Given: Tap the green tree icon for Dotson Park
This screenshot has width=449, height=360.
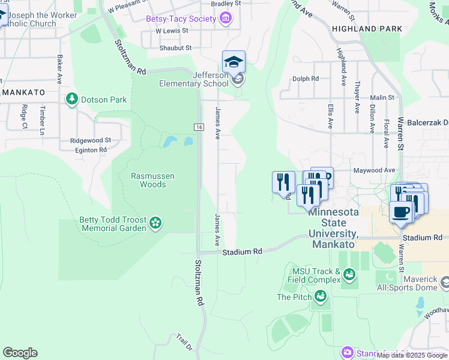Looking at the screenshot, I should pos(72,98).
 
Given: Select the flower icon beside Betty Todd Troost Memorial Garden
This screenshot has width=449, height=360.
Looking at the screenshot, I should pos(155,223).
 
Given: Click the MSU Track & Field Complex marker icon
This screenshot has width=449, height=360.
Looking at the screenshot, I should pos(349,275).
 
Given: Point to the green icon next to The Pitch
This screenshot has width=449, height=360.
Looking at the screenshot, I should pos(321,296).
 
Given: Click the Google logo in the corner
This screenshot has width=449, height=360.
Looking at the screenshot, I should pos(20,353).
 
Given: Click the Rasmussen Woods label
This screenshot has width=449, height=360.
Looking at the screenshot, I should pos(153,180).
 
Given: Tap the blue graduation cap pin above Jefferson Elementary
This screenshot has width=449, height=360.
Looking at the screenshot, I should pos(234,61).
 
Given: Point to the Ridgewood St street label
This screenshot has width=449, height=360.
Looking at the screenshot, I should pos(91,140).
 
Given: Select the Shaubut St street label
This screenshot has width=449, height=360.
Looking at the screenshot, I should pos(175,47).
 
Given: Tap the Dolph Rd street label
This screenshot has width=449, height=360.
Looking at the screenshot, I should pos(305,79).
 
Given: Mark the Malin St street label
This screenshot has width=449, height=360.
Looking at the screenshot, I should pos(382,97).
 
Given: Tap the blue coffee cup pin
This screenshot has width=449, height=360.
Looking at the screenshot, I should pos(400,212).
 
